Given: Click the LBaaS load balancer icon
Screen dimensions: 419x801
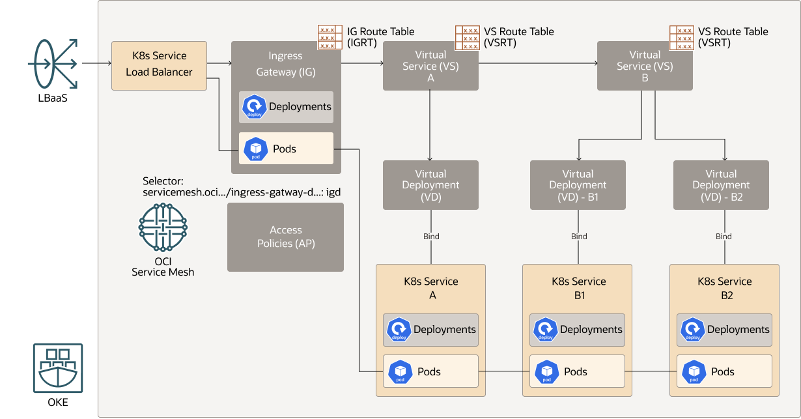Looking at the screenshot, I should tap(53, 64).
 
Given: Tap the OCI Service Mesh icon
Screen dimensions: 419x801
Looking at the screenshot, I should tap(163, 227).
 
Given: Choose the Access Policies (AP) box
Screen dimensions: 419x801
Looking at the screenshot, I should tap(285, 237).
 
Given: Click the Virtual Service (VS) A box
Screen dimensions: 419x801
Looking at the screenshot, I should tap(430, 66).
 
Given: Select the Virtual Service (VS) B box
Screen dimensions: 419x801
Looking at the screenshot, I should tap(645, 66).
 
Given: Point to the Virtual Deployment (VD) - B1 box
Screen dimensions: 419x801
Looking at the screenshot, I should tap(578, 185).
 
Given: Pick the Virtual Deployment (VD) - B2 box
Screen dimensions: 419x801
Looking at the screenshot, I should tap(721, 185).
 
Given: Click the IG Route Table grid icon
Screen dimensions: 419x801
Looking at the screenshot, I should tap(330, 37).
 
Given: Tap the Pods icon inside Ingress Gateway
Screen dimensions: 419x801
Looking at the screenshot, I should tap(255, 149).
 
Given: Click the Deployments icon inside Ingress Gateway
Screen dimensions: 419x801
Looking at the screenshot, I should tap(254, 108).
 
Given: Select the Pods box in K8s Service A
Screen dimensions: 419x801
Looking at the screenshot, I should tap(430, 371).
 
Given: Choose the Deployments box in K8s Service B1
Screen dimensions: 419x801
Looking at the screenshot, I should tap(577, 330).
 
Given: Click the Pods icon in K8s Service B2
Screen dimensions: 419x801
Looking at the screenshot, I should tap(694, 372).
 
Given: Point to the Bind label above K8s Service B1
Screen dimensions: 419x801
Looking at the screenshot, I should tap(579, 237).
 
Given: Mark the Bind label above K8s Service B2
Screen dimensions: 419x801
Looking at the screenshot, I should tap(724, 237).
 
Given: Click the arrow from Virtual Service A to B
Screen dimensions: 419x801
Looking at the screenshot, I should tap(538, 64).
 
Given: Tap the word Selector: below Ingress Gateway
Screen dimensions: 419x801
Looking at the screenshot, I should tap(163, 181).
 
